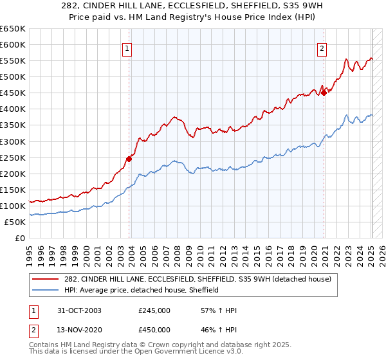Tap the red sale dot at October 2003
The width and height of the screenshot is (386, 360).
[129, 158]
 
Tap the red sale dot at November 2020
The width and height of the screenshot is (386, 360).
[324, 92]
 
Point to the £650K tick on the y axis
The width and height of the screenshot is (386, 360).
[13, 29]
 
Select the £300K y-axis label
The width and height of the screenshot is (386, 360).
[13, 141]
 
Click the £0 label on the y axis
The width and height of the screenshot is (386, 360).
[19, 238]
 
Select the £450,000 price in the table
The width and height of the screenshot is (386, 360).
[154, 329]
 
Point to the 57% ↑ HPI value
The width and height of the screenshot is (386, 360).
[219, 310]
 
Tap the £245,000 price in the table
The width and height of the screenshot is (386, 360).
[154, 310]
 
